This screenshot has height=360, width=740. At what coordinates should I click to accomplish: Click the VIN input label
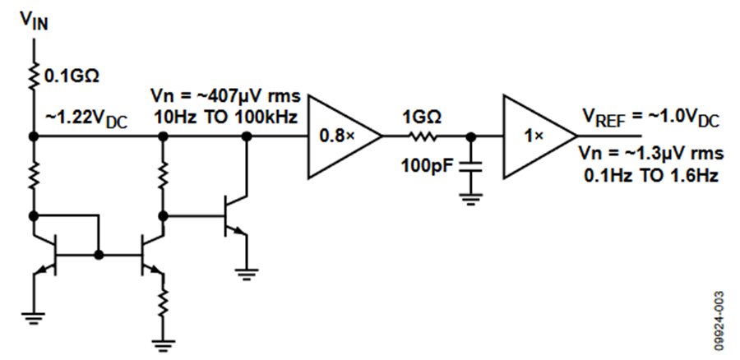(x=34, y=21)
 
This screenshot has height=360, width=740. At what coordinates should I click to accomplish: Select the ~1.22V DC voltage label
(x=86, y=120)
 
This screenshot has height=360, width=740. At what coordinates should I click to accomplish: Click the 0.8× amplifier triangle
(x=345, y=136)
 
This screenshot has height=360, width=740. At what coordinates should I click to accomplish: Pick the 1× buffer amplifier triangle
(x=540, y=136)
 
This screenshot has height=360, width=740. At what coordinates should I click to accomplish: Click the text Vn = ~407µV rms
(x=225, y=97)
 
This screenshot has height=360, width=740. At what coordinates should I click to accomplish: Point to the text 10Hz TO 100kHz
(x=226, y=118)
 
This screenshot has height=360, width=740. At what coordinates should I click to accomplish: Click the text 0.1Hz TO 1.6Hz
(x=651, y=176)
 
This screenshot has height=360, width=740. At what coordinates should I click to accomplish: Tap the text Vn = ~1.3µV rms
(x=651, y=154)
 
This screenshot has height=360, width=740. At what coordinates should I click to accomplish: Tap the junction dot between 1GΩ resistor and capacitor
(x=470, y=136)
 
